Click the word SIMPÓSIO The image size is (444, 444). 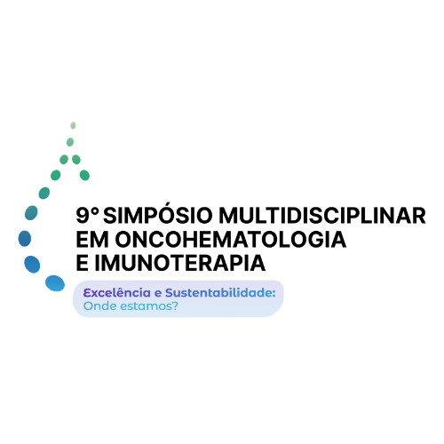158,214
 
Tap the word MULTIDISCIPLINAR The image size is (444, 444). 322,216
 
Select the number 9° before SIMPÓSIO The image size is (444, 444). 87,215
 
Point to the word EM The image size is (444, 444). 92,239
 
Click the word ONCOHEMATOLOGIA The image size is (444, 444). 231,239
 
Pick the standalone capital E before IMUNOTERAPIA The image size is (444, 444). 83,263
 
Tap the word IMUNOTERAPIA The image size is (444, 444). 180,263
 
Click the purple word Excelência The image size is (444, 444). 117,293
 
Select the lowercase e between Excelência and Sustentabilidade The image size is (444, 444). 158,293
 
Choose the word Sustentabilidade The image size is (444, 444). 218,293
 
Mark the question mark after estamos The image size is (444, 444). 175,305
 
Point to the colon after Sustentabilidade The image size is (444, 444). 274,293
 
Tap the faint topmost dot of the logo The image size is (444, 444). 73,125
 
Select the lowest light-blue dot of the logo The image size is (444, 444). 55,283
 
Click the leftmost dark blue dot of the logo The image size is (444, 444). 25,239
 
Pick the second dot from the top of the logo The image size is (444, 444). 70,142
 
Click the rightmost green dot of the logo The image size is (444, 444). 84,175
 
